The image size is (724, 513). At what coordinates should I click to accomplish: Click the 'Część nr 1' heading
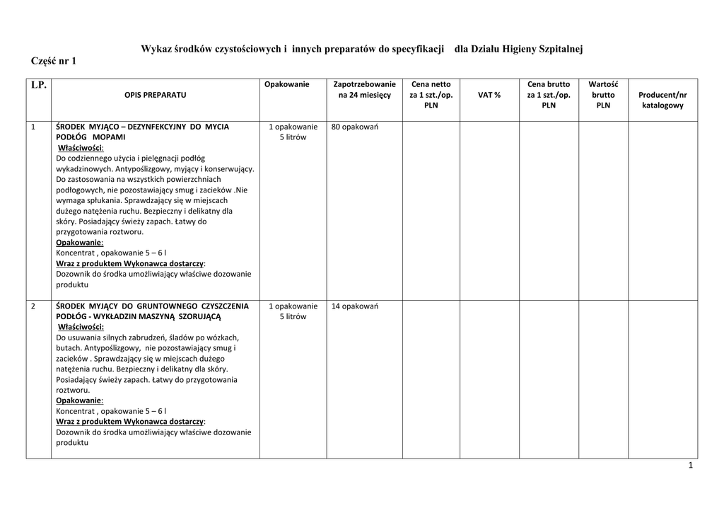(x=54, y=62)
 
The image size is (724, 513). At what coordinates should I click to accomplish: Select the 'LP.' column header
(x=38, y=85)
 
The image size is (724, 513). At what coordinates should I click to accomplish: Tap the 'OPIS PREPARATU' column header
(x=156, y=95)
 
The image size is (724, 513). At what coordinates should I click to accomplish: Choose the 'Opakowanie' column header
(x=287, y=84)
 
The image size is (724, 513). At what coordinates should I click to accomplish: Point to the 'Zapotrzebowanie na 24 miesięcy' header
(x=364, y=89)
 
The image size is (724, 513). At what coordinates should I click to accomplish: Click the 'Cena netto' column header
(x=431, y=95)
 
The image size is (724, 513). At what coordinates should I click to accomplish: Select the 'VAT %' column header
(x=489, y=95)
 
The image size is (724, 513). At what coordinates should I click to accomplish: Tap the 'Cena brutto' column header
(x=549, y=95)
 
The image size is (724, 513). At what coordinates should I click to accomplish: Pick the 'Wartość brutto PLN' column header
(x=603, y=95)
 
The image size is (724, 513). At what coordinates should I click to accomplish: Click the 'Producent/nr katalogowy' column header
(x=662, y=100)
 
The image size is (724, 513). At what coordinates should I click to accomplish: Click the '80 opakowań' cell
(x=356, y=127)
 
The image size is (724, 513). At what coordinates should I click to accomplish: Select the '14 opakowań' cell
(x=356, y=306)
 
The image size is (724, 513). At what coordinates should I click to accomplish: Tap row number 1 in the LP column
(x=34, y=127)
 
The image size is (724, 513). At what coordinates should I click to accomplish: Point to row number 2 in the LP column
(x=34, y=306)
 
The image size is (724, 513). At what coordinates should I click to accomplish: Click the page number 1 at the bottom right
(x=691, y=466)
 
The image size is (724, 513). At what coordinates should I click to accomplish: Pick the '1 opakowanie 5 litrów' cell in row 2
(x=293, y=311)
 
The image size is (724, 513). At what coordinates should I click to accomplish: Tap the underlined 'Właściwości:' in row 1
(x=80, y=148)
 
